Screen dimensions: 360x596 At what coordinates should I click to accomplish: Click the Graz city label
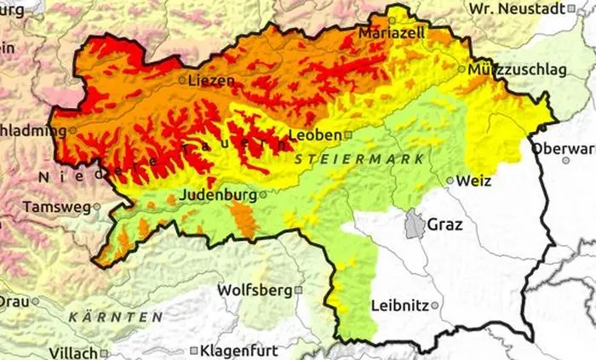tap(445, 225)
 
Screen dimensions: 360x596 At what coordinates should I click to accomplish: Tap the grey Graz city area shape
tap(414, 225)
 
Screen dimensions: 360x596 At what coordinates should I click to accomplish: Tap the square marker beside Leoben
tap(347, 134)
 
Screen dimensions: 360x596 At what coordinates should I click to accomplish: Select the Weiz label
tap(474, 180)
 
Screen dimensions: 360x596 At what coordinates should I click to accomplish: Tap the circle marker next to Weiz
tap(450, 180)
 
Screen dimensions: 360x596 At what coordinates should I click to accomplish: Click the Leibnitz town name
tap(399, 306)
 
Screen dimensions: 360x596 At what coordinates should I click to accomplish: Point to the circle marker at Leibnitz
tap(435, 306)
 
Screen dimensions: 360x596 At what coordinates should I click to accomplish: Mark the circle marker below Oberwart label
tap(565, 160)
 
